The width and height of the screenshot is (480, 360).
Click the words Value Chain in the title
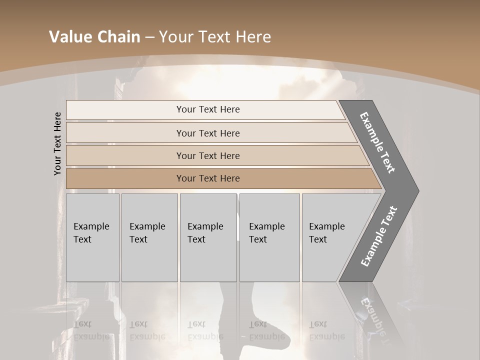[x=94, y=36]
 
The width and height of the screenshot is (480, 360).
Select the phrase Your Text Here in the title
[x=215, y=36]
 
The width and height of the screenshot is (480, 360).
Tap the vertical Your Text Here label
[x=58, y=143]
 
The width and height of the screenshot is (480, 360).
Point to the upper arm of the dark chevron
[x=378, y=142]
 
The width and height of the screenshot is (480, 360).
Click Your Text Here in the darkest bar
[x=208, y=178]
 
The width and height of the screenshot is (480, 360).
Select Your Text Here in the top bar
[x=208, y=109]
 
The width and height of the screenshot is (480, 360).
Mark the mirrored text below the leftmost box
[x=91, y=330]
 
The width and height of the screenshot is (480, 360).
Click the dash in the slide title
[x=149, y=37]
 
